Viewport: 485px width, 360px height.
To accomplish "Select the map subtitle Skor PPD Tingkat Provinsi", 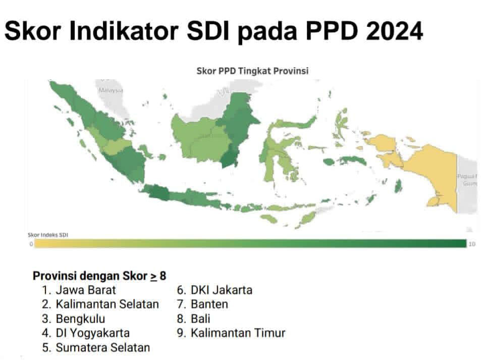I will pos(252,71).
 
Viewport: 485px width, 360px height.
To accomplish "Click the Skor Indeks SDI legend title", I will pos(48,235).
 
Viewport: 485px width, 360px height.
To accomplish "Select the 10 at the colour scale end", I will pos(472,244).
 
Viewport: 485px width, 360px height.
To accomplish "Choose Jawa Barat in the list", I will pos(86,290).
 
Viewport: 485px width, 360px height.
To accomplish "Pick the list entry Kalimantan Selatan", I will pos(107,304).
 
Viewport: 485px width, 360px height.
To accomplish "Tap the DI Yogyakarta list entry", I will pos(93,333).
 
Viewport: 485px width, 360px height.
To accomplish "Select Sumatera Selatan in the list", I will pos(103,347).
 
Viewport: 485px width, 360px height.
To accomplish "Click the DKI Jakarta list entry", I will pos(221,290).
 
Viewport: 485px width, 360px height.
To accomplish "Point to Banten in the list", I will pos(209,304).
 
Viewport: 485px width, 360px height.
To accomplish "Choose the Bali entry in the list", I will pos(200,319).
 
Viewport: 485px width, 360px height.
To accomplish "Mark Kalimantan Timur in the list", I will pos(238,333).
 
